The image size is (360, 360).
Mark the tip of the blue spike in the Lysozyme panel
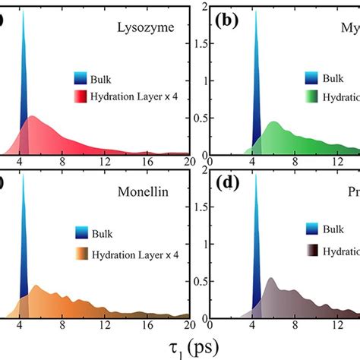24,10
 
